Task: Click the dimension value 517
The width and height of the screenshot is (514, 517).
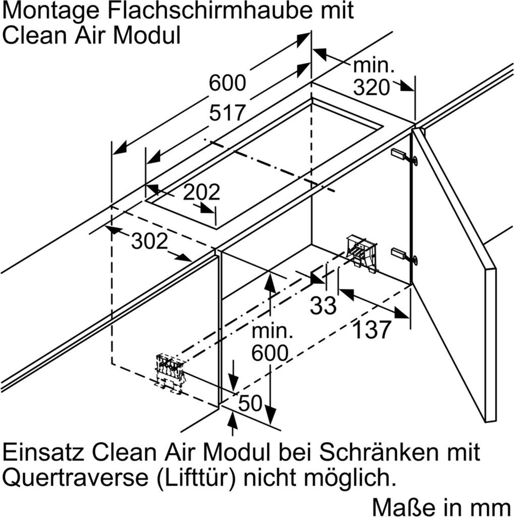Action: click(x=227, y=113)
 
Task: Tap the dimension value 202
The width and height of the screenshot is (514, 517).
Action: click(x=201, y=192)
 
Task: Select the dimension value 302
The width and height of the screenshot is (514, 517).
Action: click(x=149, y=242)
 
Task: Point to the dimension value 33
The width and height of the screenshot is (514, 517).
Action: click(x=323, y=305)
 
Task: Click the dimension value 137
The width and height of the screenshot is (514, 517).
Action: click(x=371, y=330)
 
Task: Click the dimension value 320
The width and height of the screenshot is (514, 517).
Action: click(x=371, y=88)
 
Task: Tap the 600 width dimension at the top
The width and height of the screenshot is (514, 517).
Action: click(x=227, y=83)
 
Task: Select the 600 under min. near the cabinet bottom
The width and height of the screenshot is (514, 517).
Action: click(x=270, y=353)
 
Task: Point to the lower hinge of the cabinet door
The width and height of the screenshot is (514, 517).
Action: click(x=404, y=255)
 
